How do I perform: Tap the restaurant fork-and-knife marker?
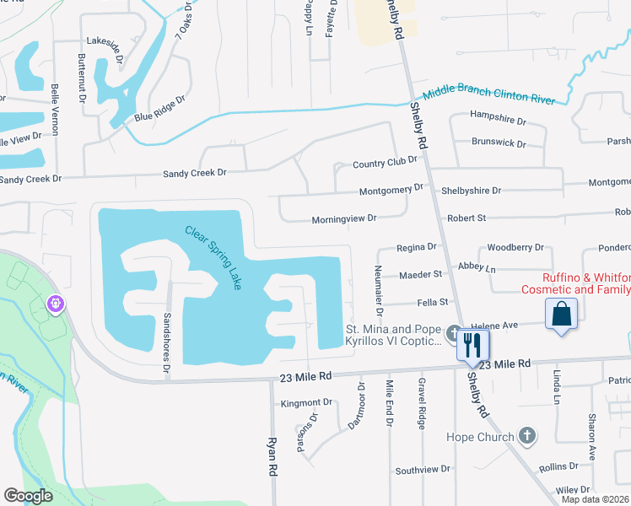(x=472, y=344)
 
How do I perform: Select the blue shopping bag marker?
(x=561, y=315)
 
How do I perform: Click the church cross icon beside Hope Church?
(x=527, y=436)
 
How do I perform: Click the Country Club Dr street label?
(x=385, y=162)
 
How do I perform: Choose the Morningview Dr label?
(x=343, y=218)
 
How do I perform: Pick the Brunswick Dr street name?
(x=499, y=143)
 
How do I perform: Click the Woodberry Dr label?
(x=515, y=248)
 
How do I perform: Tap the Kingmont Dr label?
(x=308, y=404)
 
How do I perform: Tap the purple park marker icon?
(x=57, y=302)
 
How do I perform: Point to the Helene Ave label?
(x=517, y=325)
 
